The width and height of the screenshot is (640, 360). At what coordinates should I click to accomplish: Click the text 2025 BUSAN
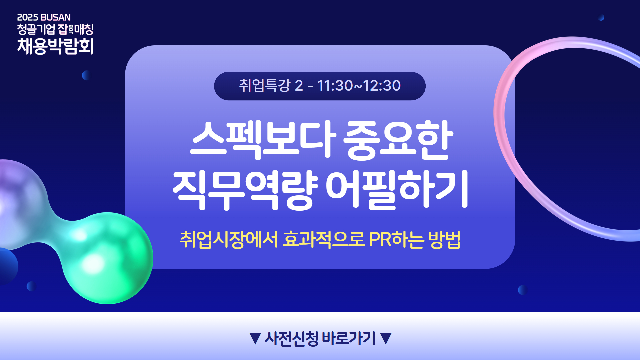pyautogui.click(x=44, y=17)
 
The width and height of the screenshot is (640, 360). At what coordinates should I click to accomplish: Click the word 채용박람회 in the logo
pyautogui.click(x=55, y=46)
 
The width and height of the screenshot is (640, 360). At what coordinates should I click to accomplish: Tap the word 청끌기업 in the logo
pyautogui.click(x=36, y=29)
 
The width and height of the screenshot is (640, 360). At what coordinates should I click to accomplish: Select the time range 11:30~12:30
pyautogui.click(x=359, y=86)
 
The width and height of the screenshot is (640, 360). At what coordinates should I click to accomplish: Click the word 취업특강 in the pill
pyautogui.click(x=265, y=86)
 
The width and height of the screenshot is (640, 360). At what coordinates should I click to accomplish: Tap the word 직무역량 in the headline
pyautogui.click(x=245, y=190)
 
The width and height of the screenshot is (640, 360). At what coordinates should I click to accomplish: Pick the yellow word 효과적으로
pyautogui.click(x=324, y=239)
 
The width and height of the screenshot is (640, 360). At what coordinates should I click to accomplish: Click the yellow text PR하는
pyautogui.click(x=397, y=239)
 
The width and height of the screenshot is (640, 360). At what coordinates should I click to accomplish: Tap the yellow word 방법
pyautogui.click(x=445, y=239)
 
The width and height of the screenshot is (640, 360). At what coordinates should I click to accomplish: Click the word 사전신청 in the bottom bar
pyautogui.click(x=292, y=338)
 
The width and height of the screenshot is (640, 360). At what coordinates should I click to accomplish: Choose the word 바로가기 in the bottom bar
pyautogui.click(x=349, y=338)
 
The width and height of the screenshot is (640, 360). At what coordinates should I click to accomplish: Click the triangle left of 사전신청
pyautogui.click(x=255, y=338)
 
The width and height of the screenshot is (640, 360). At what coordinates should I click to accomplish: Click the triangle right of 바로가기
pyautogui.click(x=386, y=338)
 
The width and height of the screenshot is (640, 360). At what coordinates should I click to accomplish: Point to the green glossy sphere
pyautogui.click(x=108, y=258)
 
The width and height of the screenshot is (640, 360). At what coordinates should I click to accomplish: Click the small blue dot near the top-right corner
pyautogui.click(x=601, y=18)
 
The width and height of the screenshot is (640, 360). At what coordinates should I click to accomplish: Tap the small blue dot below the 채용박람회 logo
pyautogui.click(x=87, y=75)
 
